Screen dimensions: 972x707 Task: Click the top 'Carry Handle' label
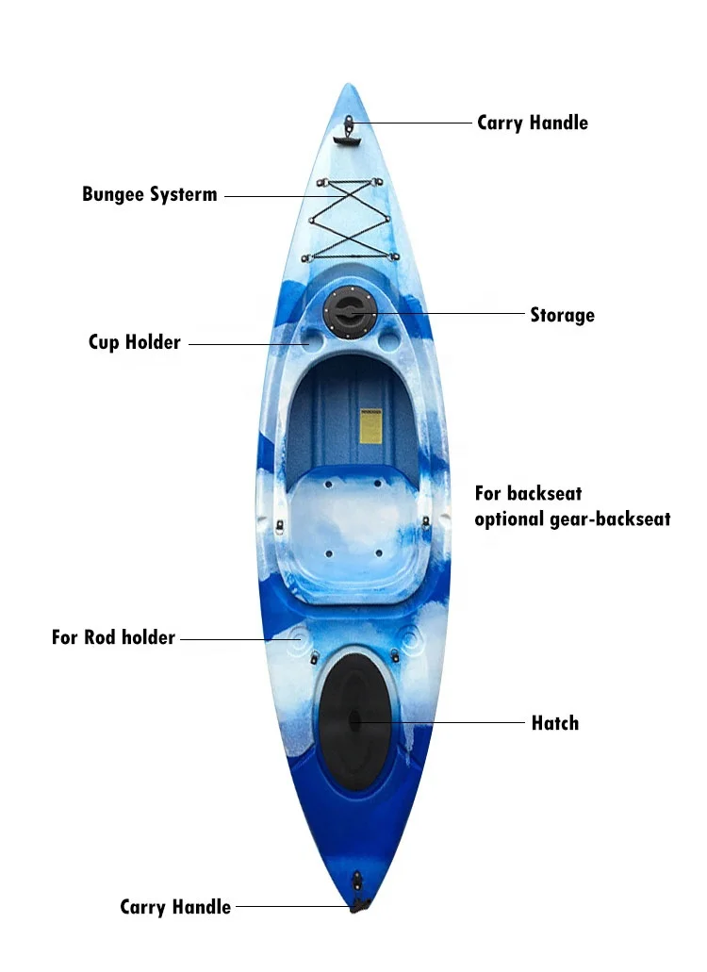(532, 123)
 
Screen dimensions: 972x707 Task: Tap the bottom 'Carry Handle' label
(175, 907)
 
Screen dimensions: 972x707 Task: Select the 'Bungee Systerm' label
(150, 195)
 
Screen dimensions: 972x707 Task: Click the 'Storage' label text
(562, 315)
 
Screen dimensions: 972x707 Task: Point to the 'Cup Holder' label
(134, 342)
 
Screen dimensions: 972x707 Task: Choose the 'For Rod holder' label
(113, 638)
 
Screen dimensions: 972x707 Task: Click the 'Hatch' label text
(554, 723)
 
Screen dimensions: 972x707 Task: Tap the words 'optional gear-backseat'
(572, 519)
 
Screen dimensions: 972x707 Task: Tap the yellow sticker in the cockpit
(370, 426)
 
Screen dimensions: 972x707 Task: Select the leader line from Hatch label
(443, 723)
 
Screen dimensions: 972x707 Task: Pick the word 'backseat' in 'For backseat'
(544, 493)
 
